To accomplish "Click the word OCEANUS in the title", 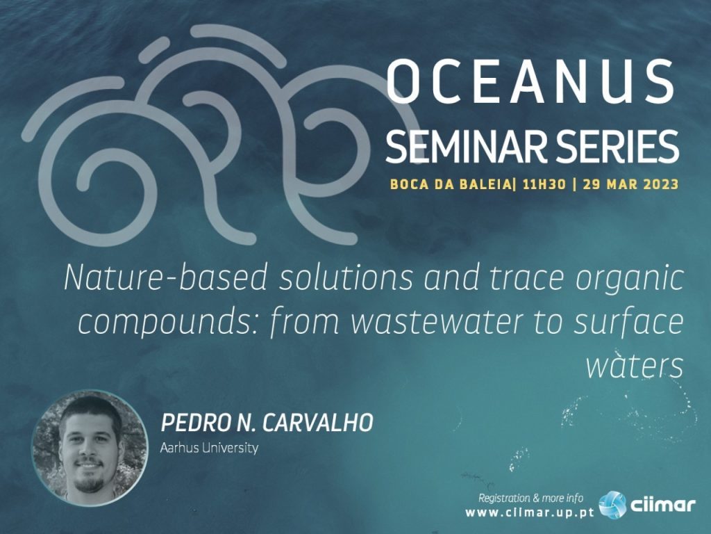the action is pos(530,81).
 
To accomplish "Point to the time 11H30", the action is pos(544,184).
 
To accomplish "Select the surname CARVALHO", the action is pos(318,423).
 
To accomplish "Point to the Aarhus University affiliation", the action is pos(209,448).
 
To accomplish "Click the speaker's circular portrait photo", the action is pos(90,448).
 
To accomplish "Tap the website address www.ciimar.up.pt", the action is pos(530,512).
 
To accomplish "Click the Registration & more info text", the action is pos(531,498).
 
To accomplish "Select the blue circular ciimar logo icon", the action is pos(612,505).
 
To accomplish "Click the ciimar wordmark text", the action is pos(662,505).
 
